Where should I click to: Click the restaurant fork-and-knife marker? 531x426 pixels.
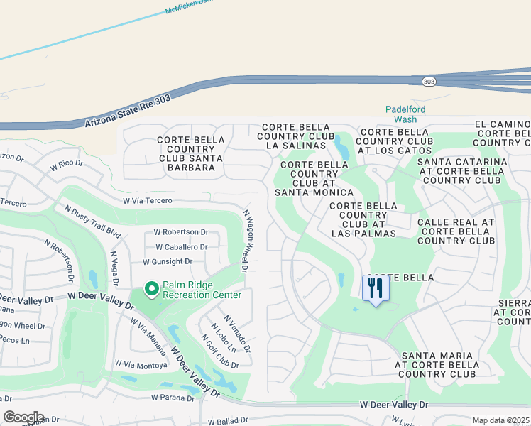click(376, 288)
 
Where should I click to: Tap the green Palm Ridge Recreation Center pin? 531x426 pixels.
click(151, 289)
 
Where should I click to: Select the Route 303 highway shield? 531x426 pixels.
click(428, 82)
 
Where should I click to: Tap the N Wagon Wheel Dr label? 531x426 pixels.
click(245, 240)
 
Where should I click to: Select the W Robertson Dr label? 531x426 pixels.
click(181, 232)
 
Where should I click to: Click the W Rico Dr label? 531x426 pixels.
click(66, 165)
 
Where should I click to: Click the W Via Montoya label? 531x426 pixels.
click(141, 365)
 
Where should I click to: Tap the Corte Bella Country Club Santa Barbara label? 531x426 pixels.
click(187, 154)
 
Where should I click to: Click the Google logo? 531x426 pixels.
click(23, 417)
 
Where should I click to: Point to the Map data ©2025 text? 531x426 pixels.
click(501, 420)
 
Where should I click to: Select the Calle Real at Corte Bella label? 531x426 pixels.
click(456, 231)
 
